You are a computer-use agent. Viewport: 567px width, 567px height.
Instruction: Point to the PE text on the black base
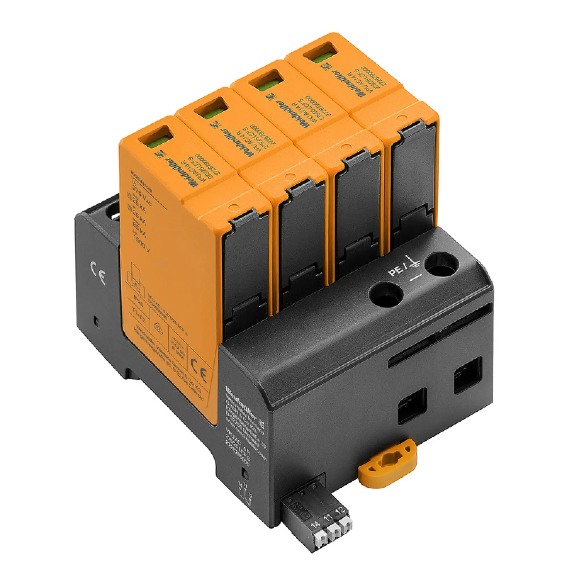(x=395, y=271)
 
